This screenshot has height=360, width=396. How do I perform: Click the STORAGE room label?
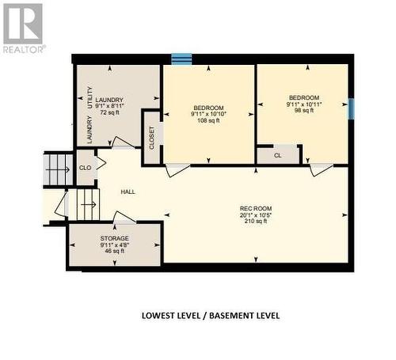114,238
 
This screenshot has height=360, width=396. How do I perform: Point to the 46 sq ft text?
114,251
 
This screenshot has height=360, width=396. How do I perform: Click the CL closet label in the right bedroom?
277,155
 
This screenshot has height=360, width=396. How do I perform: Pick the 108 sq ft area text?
208,122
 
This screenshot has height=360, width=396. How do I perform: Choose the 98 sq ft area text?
301,111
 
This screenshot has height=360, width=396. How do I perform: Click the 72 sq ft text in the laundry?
109,113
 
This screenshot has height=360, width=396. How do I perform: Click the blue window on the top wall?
182,59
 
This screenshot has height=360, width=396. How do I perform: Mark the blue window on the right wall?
351,108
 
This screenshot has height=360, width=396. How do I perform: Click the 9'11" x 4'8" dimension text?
114,244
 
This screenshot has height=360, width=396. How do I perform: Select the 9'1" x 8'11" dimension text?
109,106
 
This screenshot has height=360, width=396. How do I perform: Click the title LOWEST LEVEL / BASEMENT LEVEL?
210,315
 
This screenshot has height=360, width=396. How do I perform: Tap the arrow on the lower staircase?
86,205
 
